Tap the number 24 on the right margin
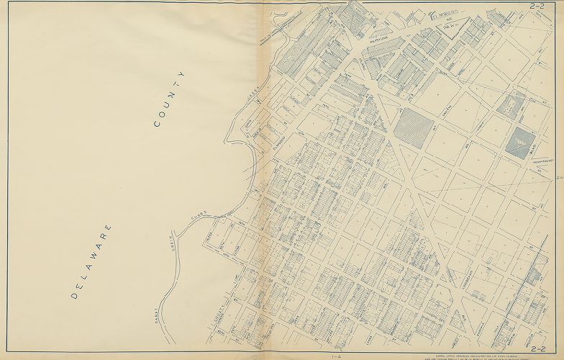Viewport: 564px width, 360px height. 560,176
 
